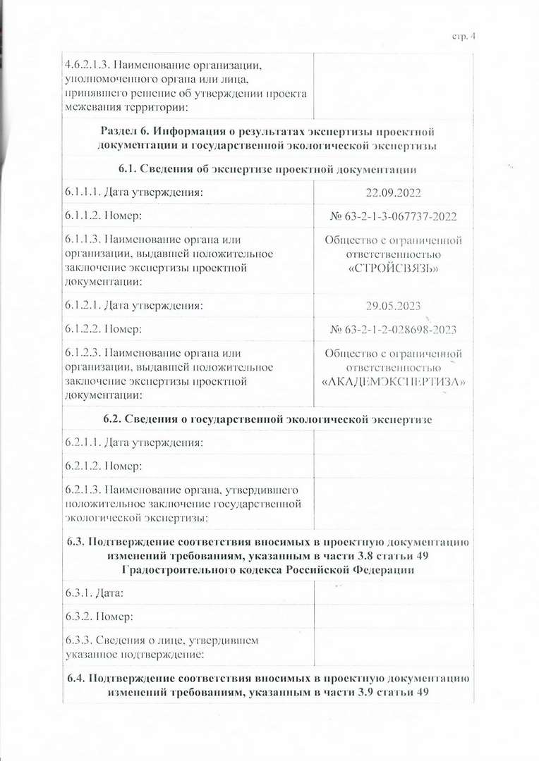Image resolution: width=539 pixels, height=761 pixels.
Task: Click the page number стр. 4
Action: [464, 37]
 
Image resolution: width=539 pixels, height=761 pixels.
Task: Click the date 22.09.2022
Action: [394, 192]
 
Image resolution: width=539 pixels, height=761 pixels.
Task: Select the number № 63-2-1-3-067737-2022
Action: [394, 216]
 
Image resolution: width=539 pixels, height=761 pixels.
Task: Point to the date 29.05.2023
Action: [394, 306]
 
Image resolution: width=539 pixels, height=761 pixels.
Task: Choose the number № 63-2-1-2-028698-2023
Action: [394, 329]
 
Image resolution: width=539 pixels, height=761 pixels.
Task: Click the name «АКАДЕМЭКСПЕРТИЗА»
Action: [394, 383]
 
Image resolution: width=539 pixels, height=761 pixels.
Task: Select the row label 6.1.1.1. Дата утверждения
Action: [134, 192]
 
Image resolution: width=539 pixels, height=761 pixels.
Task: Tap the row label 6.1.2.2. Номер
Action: [104, 329]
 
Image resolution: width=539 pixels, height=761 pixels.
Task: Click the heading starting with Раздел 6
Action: [267, 138]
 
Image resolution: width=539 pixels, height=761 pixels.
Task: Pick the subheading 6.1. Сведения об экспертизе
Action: [267, 168]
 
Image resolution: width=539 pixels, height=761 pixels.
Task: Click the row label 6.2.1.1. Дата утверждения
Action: [134, 443]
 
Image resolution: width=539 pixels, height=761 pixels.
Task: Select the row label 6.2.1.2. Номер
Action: [104, 466]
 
